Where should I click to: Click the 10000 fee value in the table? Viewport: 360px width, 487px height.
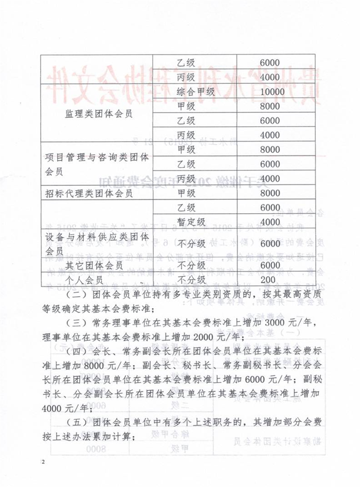coord(269,92)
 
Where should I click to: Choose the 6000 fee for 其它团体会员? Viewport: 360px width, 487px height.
coord(269,265)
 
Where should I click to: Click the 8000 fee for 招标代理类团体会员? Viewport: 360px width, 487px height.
coord(269,194)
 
